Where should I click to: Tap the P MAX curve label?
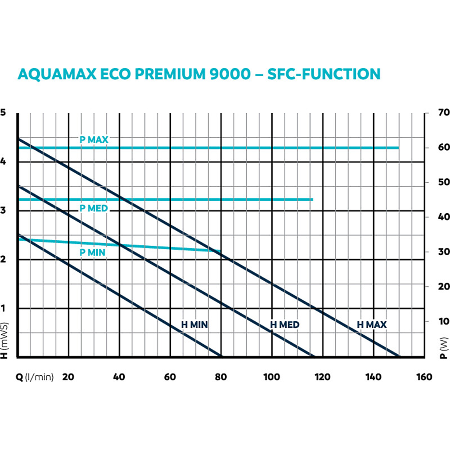click(x=94, y=140)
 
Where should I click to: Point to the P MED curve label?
click(x=94, y=208)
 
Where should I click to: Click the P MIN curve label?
click(x=93, y=252)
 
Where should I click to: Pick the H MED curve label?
click(x=285, y=324)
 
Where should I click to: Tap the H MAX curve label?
click(x=372, y=324)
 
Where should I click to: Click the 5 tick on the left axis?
click(x=3, y=112)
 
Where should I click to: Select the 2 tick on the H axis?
click(x=3, y=260)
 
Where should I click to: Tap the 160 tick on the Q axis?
click(x=424, y=377)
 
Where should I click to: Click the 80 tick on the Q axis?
click(x=221, y=377)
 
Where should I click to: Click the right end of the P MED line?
click(x=312, y=199)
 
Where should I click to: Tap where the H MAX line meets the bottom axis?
click(x=399, y=357)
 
